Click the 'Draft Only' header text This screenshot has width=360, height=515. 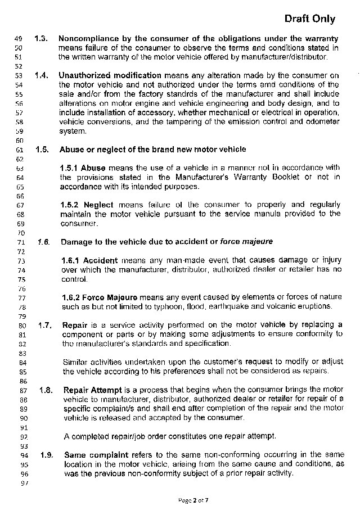coord(309,19)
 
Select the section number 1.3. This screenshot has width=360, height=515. coord(40,39)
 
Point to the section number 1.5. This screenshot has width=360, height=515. coord(42,150)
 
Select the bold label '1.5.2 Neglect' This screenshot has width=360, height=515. coord(87,205)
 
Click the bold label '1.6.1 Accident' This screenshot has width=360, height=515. coord(89,260)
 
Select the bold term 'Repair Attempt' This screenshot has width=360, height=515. coord(92,390)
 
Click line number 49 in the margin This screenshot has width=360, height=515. coord(17,39)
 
